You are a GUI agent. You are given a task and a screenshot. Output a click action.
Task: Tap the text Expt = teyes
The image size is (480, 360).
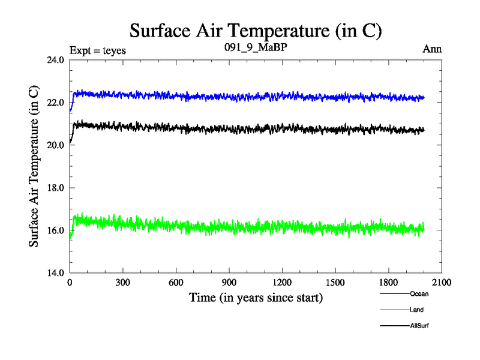click(x=98, y=50)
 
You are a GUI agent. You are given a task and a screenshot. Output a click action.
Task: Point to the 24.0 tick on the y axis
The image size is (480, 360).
click(x=55, y=60)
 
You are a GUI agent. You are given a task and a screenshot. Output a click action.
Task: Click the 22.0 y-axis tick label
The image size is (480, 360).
click(x=55, y=103)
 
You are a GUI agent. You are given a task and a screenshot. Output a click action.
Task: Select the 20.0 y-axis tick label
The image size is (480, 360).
click(x=55, y=145)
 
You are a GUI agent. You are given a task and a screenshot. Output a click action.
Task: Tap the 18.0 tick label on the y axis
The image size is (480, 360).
click(x=55, y=188)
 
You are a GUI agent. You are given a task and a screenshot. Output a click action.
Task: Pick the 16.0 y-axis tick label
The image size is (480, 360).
click(x=55, y=230)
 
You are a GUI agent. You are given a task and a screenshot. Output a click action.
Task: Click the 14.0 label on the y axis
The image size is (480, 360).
click(x=55, y=273)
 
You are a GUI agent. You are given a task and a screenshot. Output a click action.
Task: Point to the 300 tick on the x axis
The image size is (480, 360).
click(x=123, y=283)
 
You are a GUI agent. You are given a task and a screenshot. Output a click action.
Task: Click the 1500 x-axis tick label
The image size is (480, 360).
click(x=335, y=283)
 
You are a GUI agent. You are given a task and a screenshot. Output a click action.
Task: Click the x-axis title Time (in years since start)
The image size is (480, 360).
click(x=256, y=298)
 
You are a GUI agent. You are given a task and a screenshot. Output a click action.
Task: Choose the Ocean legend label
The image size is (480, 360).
click(x=419, y=294)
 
